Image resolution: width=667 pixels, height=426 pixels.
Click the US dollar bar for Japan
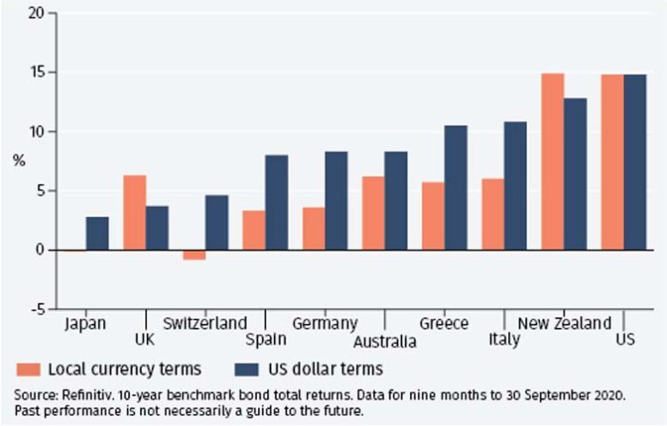pyautogui.click(x=97, y=233)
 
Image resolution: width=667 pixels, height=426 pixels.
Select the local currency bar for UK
pyautogui.click(x=134, y=212)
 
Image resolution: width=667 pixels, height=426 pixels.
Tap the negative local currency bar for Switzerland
pyautogui.click(x=193, y=254)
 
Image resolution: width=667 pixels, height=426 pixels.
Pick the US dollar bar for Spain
pyautogui.click(x=277, y=202)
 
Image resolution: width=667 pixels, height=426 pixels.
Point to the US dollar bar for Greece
pyautogui.click(x=456, y=187)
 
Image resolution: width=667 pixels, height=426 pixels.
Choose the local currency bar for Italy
pyautogui.click(x=493, y=214)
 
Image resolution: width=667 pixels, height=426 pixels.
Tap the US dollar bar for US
pyautogui.click(x=634, y=162)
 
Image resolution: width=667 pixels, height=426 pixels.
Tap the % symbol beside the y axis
pyautogui.click(x=19, y=161)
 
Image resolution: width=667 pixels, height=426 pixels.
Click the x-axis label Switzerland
pyautogui.click(x=205, y=324)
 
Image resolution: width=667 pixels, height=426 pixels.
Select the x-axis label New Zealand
pyautogui.click(x=564, y=324)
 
